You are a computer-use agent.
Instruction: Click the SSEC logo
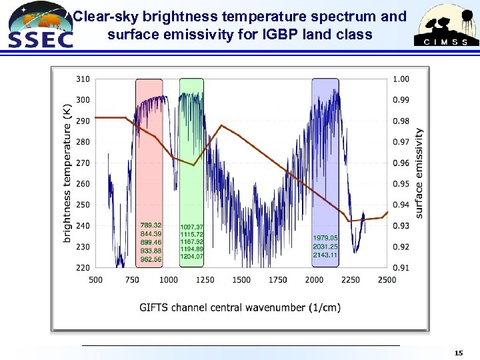click(x=38, y=25)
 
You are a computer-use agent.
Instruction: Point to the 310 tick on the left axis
click(x=82, y=79)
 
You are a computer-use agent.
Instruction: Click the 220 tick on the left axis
click(x=82, y=267)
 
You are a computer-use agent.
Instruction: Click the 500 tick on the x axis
click(x=95, y=279)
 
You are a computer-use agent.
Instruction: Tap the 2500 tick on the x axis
click(x=387, y=279)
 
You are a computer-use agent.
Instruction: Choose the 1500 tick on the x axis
click(x=241, y=279)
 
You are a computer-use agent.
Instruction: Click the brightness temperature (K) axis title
click(x=67, y=173)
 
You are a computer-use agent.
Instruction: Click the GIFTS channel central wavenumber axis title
click(x=240, y=307)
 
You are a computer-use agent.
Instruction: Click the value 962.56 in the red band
click(x=151, y=259)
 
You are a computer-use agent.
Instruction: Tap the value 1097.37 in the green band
click(x=192, y=227)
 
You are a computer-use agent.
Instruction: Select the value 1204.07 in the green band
click(x=192, y=257)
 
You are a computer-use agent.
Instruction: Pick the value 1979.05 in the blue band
click(x=325, y=238)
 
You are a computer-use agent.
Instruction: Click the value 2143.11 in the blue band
click(x=325, y=255)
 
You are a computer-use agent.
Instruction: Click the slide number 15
click(x=458, y=352)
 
